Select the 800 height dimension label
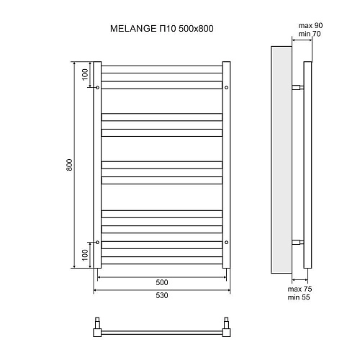point(68,165)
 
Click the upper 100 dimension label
point(85,73)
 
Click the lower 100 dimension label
point(85,255)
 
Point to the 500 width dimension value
point(162,282)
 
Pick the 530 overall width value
point(162,297)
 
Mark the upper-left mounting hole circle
point(97,87)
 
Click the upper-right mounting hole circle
point(227,87)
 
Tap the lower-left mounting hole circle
point(97,241)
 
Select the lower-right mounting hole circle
point(227,241)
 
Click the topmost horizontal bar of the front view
point(162,70)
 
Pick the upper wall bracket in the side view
point(297,87)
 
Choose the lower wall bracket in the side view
point(297,241)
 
